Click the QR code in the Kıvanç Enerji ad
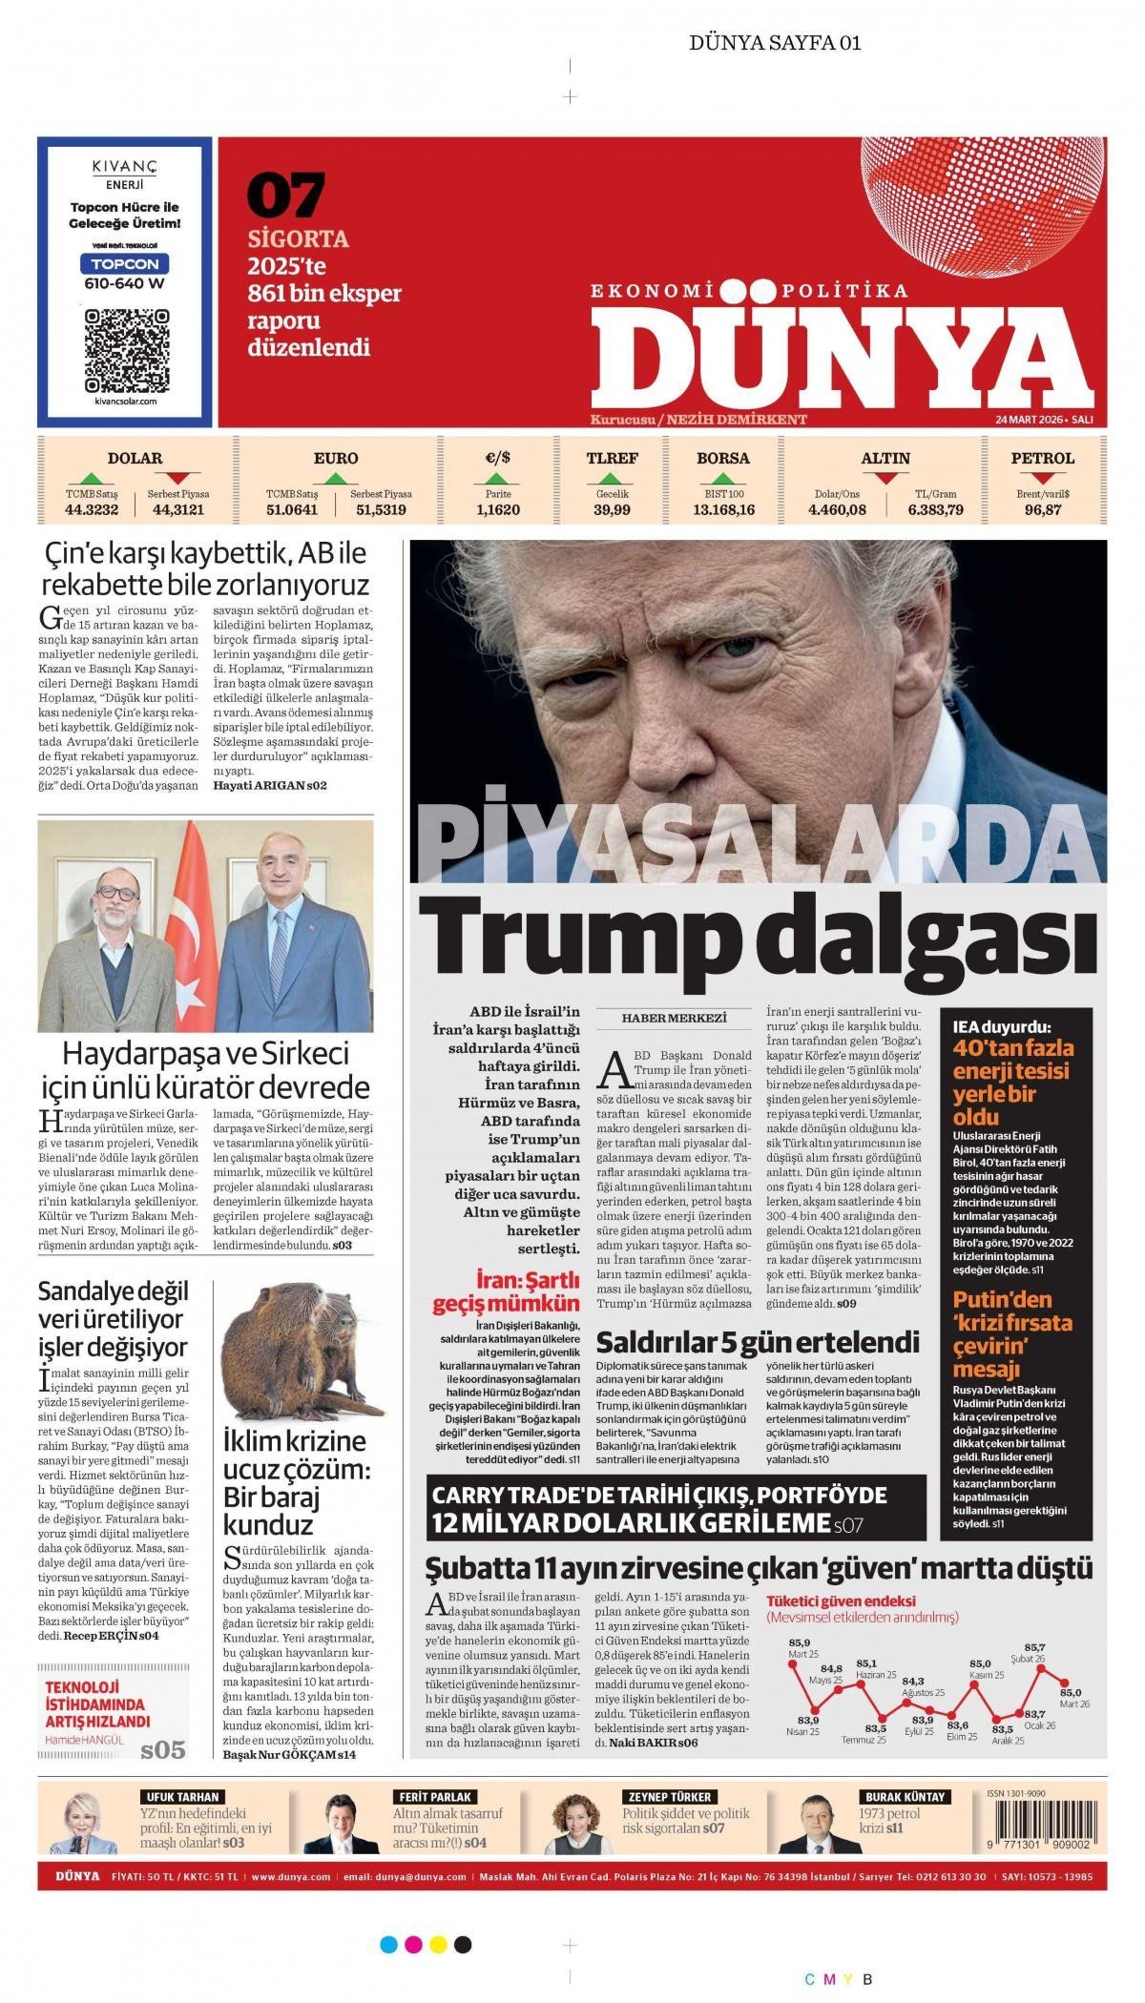(126, 350)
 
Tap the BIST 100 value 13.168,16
(723, 510)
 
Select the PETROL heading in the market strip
(1042, 459)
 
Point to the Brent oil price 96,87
(1042, 510)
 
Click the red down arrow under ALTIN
(885, 478)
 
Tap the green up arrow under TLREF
(613, 478)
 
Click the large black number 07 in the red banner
(286, 196)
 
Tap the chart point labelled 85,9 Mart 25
(792, 1662)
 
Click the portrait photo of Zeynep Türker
(578, 1823)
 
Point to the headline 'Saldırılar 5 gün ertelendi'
(757, 1342)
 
